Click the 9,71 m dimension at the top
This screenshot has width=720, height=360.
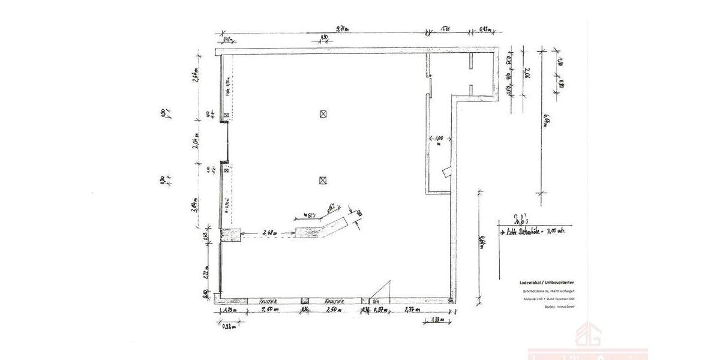(342, 28)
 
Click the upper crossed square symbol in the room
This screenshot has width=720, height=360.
(323, 113)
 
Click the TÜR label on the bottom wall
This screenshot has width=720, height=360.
(376, 301)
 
